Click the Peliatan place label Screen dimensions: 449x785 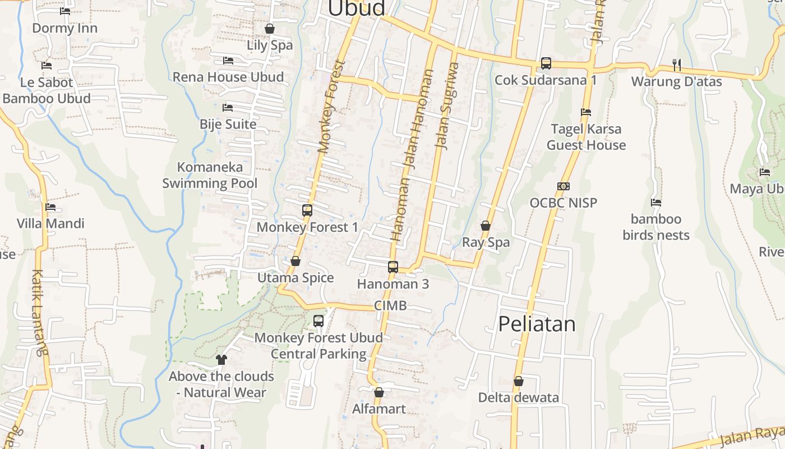coord(537,324)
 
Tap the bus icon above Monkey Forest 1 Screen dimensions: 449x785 coord(307,210)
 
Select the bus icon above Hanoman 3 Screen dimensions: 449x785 coord(393,267)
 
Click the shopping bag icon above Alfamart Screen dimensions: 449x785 coord(379,392)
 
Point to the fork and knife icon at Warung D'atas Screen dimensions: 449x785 coord(677,65)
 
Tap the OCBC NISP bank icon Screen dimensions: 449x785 coord(564,186)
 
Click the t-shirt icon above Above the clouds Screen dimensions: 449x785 coord(221,359)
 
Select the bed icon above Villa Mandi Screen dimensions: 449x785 coord(50,207)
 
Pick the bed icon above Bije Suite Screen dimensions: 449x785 coord(228,107)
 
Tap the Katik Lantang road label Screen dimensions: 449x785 coord(39,313)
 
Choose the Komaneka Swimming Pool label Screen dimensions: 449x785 coord(210,175)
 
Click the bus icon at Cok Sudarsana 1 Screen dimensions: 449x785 coord(546,63)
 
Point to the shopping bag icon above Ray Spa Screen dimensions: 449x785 coord(486,226)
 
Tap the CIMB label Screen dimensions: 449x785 coord(390,306)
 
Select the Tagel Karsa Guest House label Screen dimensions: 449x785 coord(586,137)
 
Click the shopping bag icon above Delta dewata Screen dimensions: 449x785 coord(519,381)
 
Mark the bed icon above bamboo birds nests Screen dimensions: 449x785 coord(656,202)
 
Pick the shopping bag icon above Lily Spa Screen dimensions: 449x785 coord(270,29)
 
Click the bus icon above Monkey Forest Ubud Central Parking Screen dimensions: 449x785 coord(318,321)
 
